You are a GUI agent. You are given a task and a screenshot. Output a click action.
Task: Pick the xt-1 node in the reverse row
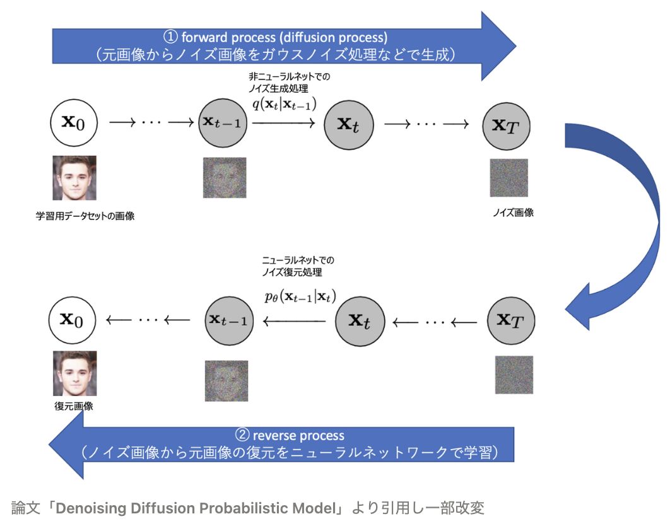point(230,320)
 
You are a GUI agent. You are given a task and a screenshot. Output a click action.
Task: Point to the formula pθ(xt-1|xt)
point(300,297)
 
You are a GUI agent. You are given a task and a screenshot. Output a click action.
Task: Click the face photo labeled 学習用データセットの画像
point(74,178)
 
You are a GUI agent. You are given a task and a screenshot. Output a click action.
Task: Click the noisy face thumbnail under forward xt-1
point(225,178)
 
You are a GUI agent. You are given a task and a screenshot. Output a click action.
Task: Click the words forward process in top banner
point(215,37)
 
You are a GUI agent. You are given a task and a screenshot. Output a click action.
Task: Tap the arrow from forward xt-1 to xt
point(284,124)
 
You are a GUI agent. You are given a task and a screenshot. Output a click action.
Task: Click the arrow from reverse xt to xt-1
point(295,322)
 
